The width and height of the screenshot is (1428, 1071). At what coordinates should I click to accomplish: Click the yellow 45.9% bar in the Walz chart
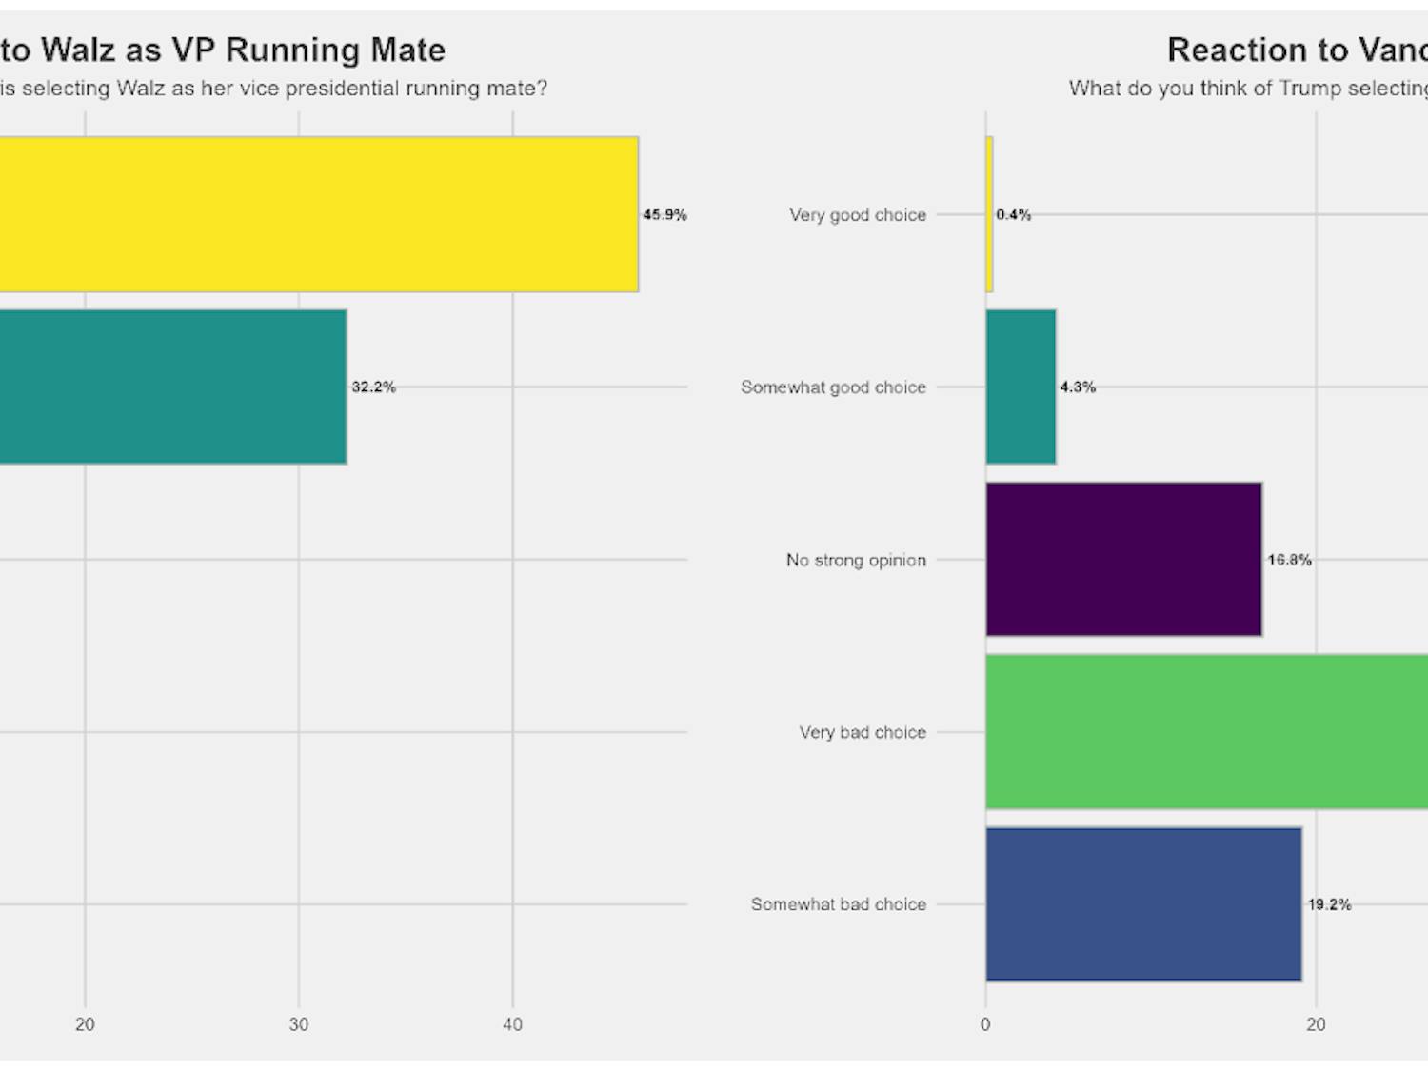(319, 214)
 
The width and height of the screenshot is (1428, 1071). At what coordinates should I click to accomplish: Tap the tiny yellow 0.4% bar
(989, 214)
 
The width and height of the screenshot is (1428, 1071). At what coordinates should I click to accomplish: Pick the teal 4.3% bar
(1021, 387)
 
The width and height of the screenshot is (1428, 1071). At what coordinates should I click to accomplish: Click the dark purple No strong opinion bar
(1123, 560)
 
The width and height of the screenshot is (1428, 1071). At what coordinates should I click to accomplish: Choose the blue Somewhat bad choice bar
(1143, 904)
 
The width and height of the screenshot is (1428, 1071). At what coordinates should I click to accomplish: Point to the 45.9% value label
(664, 215)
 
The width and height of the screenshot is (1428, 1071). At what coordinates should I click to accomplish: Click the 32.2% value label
(373, 387)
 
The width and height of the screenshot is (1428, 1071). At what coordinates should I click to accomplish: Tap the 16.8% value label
(1289, 560)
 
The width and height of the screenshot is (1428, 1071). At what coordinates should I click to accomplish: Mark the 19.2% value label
(1329, 904)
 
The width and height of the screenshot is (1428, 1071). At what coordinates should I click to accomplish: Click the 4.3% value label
(1078, 387)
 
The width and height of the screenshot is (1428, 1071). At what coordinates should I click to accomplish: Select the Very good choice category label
(857, 215)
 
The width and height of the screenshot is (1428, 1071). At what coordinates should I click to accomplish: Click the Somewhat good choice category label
(833, 387)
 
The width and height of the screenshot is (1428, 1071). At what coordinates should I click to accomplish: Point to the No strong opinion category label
(856, 560)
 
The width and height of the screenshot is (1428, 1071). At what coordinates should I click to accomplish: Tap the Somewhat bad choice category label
(838, 904)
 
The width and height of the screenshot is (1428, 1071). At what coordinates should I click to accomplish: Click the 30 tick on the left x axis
(299, 1024)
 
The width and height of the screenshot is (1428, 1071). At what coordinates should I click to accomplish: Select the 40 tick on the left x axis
(512, 1024)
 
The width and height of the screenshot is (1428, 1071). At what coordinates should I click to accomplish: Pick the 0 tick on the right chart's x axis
(985, 1024)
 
